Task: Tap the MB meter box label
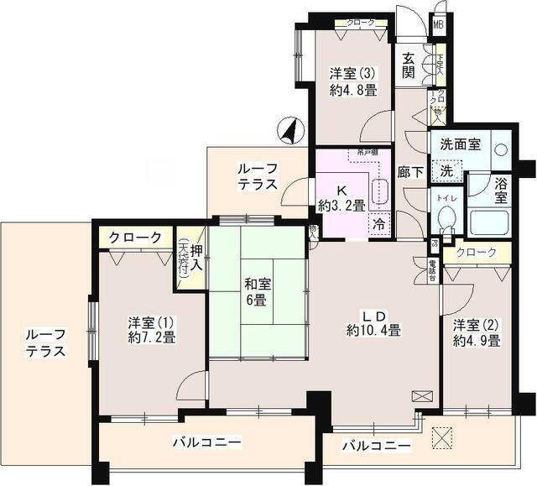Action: [x=437, y=24]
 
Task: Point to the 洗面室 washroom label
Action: [x=462, y=144]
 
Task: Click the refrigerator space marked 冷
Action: [x=380, y=224]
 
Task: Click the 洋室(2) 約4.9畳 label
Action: [x=476, y=332]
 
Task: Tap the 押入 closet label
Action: [x=195, y=258]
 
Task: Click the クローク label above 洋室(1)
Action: [x=135, y=238]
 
